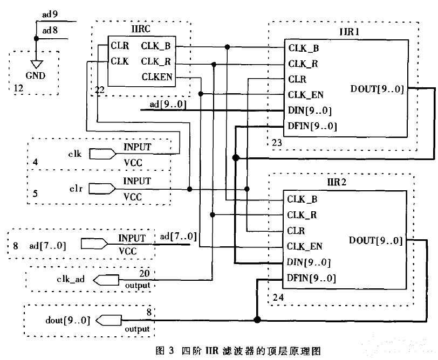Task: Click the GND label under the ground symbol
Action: (x=36, y=76)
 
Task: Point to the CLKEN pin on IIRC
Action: (x=157, y=77)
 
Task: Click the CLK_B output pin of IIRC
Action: (x=157, y=46)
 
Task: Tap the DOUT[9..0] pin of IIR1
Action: (x=376, y=89)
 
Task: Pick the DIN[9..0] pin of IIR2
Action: (x=309, y=262)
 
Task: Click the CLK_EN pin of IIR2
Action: (x=305, y=246)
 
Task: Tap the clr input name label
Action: (x=75, y=190)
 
